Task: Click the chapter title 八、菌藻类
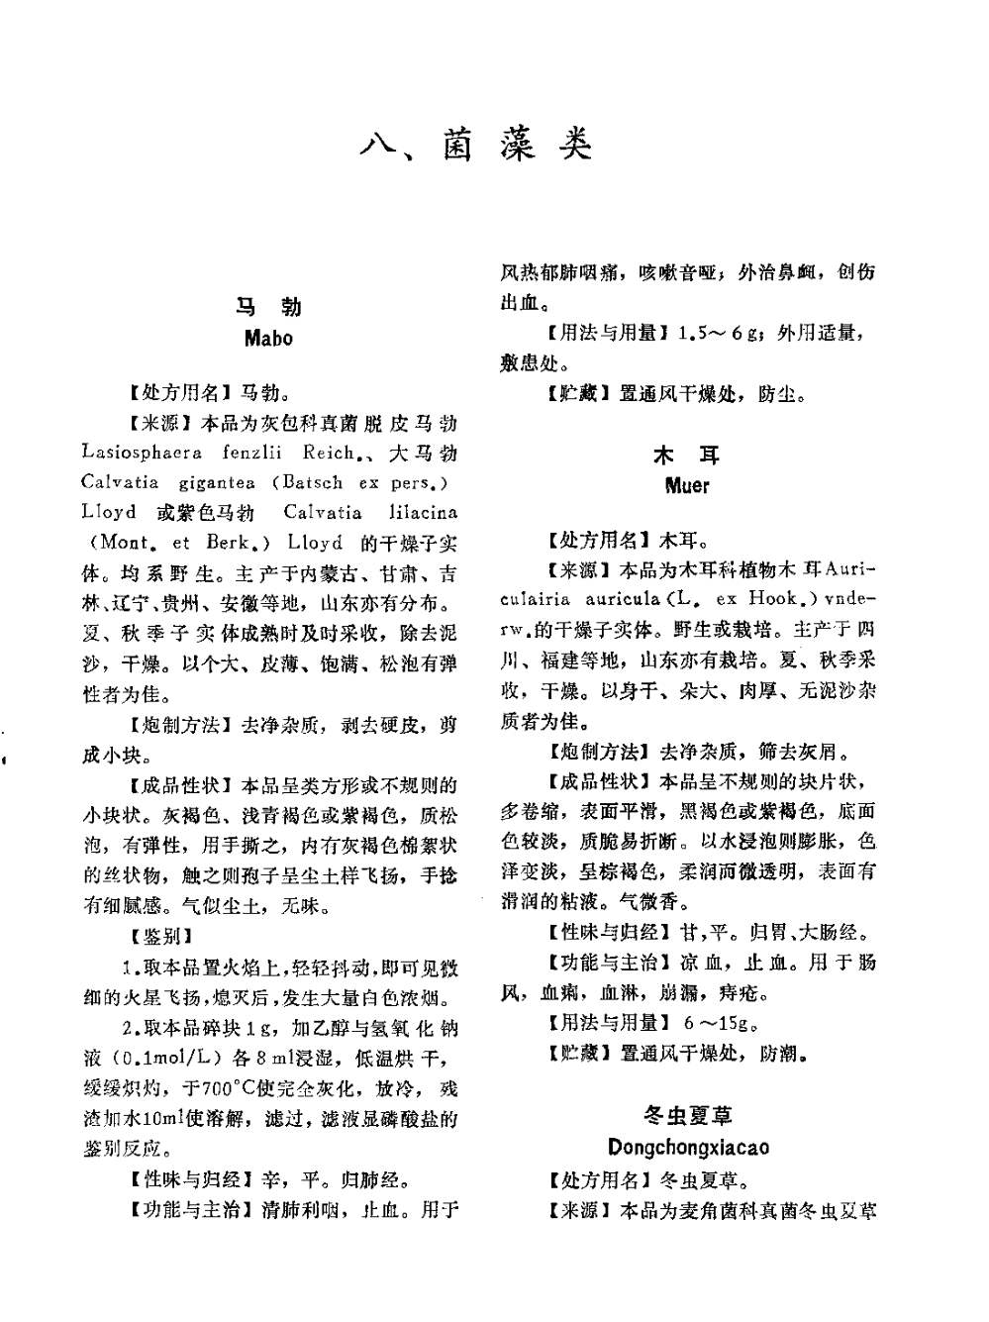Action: (x=476, y=146)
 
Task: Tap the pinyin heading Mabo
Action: (x=268, y=338)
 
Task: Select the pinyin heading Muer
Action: (x=687, y=486)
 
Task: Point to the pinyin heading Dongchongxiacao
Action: (x=688, y=1148)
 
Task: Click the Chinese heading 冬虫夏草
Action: (x=688, y=1116)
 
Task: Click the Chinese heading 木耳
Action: (x=687, y=456)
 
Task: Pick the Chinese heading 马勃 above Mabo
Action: (x=268, y=306)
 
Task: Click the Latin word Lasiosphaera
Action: (x=143, y=454)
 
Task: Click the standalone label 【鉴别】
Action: (x=161, y=936)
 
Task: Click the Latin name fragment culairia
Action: (x=539, y=599)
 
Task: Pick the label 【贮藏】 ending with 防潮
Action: (x=574, y=1054)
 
